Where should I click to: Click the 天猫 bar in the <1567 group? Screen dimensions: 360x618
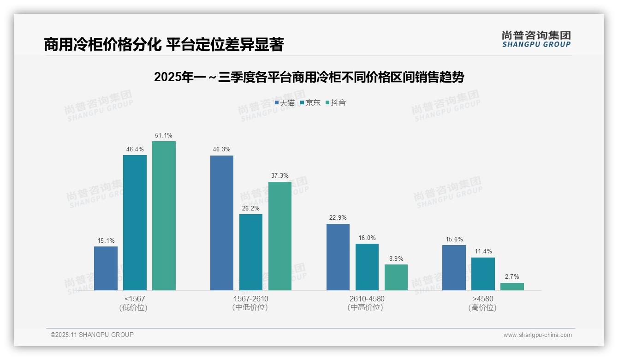106,268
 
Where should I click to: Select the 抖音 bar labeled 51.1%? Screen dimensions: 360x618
164,216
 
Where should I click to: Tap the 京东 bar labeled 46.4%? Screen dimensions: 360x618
135,222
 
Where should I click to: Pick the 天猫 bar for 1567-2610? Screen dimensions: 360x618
222,223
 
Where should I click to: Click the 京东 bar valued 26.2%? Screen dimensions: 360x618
251,252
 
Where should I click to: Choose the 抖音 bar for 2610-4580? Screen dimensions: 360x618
396,277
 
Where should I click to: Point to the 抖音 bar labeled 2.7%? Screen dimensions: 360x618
512,287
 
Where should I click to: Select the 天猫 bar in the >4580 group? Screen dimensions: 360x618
454,268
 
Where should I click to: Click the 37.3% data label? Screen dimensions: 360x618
280,176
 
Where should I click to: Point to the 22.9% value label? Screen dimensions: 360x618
338,217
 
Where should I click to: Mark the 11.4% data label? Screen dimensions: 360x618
483,252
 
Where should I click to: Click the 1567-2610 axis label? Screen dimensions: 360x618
251,299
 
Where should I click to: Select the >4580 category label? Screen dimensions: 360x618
483,299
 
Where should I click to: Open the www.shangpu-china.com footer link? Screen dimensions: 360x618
537,335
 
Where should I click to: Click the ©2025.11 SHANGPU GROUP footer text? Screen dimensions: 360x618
92,335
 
